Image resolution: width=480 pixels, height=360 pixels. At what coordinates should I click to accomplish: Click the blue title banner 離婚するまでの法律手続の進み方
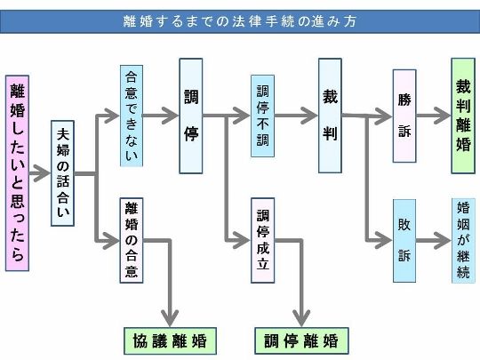[240, 21]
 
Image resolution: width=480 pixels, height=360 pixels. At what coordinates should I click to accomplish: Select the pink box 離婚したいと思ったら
[18, 173]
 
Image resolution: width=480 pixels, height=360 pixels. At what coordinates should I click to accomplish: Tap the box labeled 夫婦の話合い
[63, 173]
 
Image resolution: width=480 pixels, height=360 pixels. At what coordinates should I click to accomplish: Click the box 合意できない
[132, 116]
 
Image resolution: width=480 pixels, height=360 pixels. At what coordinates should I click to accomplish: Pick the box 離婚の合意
[132, 240]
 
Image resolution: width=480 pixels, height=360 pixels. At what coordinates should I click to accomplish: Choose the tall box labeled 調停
[191, 116]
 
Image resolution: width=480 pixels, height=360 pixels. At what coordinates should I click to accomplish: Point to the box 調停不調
[262, 116]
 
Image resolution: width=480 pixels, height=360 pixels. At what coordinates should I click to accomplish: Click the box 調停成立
[262, 240]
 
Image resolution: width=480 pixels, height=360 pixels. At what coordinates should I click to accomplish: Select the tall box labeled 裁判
[330, 116]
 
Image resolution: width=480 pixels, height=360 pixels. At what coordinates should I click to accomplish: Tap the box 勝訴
[404, 116]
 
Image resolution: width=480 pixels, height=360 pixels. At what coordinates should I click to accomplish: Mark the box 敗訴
[404, 241]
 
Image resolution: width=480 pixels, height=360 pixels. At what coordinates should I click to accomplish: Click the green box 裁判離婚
[463, 116]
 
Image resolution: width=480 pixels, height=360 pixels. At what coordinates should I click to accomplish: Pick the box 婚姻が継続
[463, 241]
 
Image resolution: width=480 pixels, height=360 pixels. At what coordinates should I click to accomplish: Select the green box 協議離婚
[170, 341]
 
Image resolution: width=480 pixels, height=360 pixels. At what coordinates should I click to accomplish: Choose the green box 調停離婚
[301, 341]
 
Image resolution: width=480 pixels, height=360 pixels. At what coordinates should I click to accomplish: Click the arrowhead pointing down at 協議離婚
[170, 318]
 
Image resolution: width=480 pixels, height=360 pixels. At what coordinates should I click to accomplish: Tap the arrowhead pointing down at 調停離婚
[301, 318]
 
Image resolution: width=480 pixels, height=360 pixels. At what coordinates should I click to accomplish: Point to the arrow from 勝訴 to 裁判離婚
[434, 116]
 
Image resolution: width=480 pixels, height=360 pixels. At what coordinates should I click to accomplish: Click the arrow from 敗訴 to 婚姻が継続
[434, 241]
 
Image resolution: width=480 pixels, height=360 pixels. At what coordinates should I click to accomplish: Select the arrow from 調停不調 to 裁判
[296, 116]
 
